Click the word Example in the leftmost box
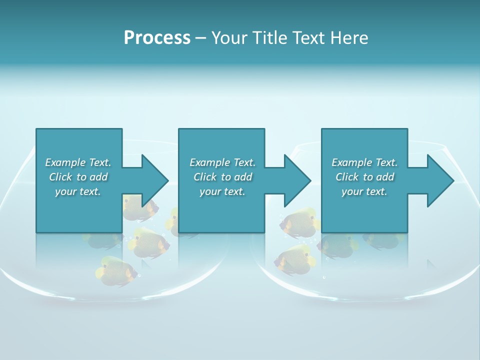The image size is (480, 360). pos(65,162)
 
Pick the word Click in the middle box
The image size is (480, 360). pos(205,177)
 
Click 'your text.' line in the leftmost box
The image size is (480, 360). pos(78,191)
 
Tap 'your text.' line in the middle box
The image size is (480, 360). pos(222,191)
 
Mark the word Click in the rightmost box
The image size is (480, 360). pos(347,177)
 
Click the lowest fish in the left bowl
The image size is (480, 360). pos(116,270)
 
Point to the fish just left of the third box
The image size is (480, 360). pos(300,221)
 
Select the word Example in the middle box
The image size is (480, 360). pos(209,162)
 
